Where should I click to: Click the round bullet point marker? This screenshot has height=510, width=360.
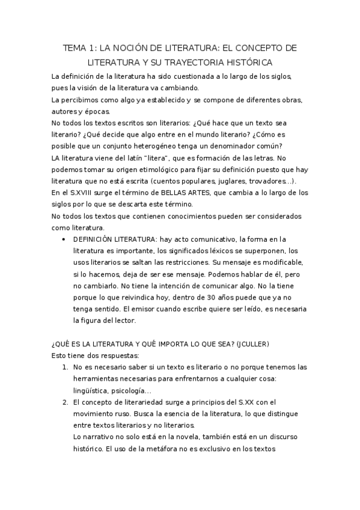pos(64,239)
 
